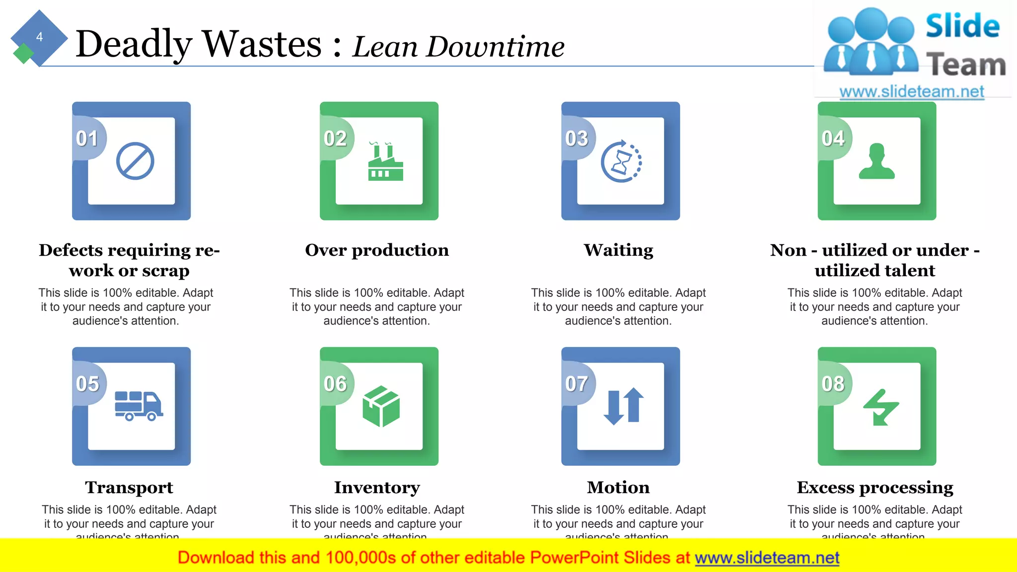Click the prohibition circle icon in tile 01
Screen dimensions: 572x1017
(135, 161)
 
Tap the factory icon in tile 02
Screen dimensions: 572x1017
(385, 162)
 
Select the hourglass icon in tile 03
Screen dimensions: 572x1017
(621, 162)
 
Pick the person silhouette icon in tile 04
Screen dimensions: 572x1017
(877, 161)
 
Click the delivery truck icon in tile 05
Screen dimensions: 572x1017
(139, 406)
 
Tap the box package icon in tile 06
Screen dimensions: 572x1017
(381, 406)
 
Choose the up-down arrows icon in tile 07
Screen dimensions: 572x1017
(624, 406)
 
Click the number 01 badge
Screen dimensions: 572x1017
(87, 139)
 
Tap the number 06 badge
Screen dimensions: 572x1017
(335, 384)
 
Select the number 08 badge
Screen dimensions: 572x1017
(833, 384)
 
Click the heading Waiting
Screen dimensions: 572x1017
(618, 250)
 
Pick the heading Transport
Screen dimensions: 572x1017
(129, 488)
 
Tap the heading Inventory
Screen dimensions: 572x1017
(377, 488)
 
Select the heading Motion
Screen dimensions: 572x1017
(618, 488)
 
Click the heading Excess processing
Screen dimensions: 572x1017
(875, 488)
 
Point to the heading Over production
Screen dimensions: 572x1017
(377, 250)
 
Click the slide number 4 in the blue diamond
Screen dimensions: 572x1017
(39, 37)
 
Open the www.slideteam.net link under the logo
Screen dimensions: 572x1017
(912, 92)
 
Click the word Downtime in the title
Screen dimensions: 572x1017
(495, 47)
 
